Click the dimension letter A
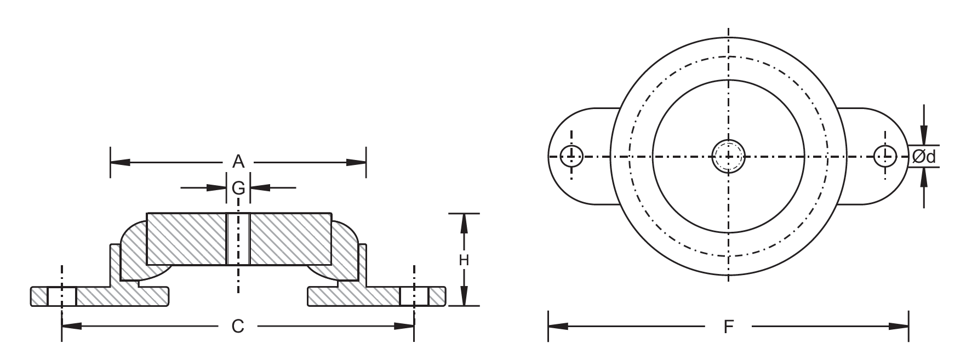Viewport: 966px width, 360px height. click(x=238, y=162)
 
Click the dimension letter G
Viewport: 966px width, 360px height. click(x=238, y=188)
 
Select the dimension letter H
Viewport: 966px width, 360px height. click(x=464, y=260)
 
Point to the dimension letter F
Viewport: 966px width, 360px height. click(x=728, y=327)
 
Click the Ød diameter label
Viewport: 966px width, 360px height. click(x=923, y=157)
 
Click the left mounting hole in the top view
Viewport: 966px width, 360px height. click(x=571, y=156)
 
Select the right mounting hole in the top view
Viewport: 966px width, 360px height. click(x=885, y=156)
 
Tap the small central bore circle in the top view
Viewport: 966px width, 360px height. click(x=729, y=156)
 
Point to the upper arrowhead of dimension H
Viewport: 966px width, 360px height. click(x=464, y=222)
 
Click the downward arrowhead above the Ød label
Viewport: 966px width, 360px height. click(x=924, y=135)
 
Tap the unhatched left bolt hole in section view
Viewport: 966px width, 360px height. click(x=61, y=296)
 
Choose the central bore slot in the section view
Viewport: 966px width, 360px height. click(x=238, y=239)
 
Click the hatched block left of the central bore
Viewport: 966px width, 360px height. click(x=186, y=239)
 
